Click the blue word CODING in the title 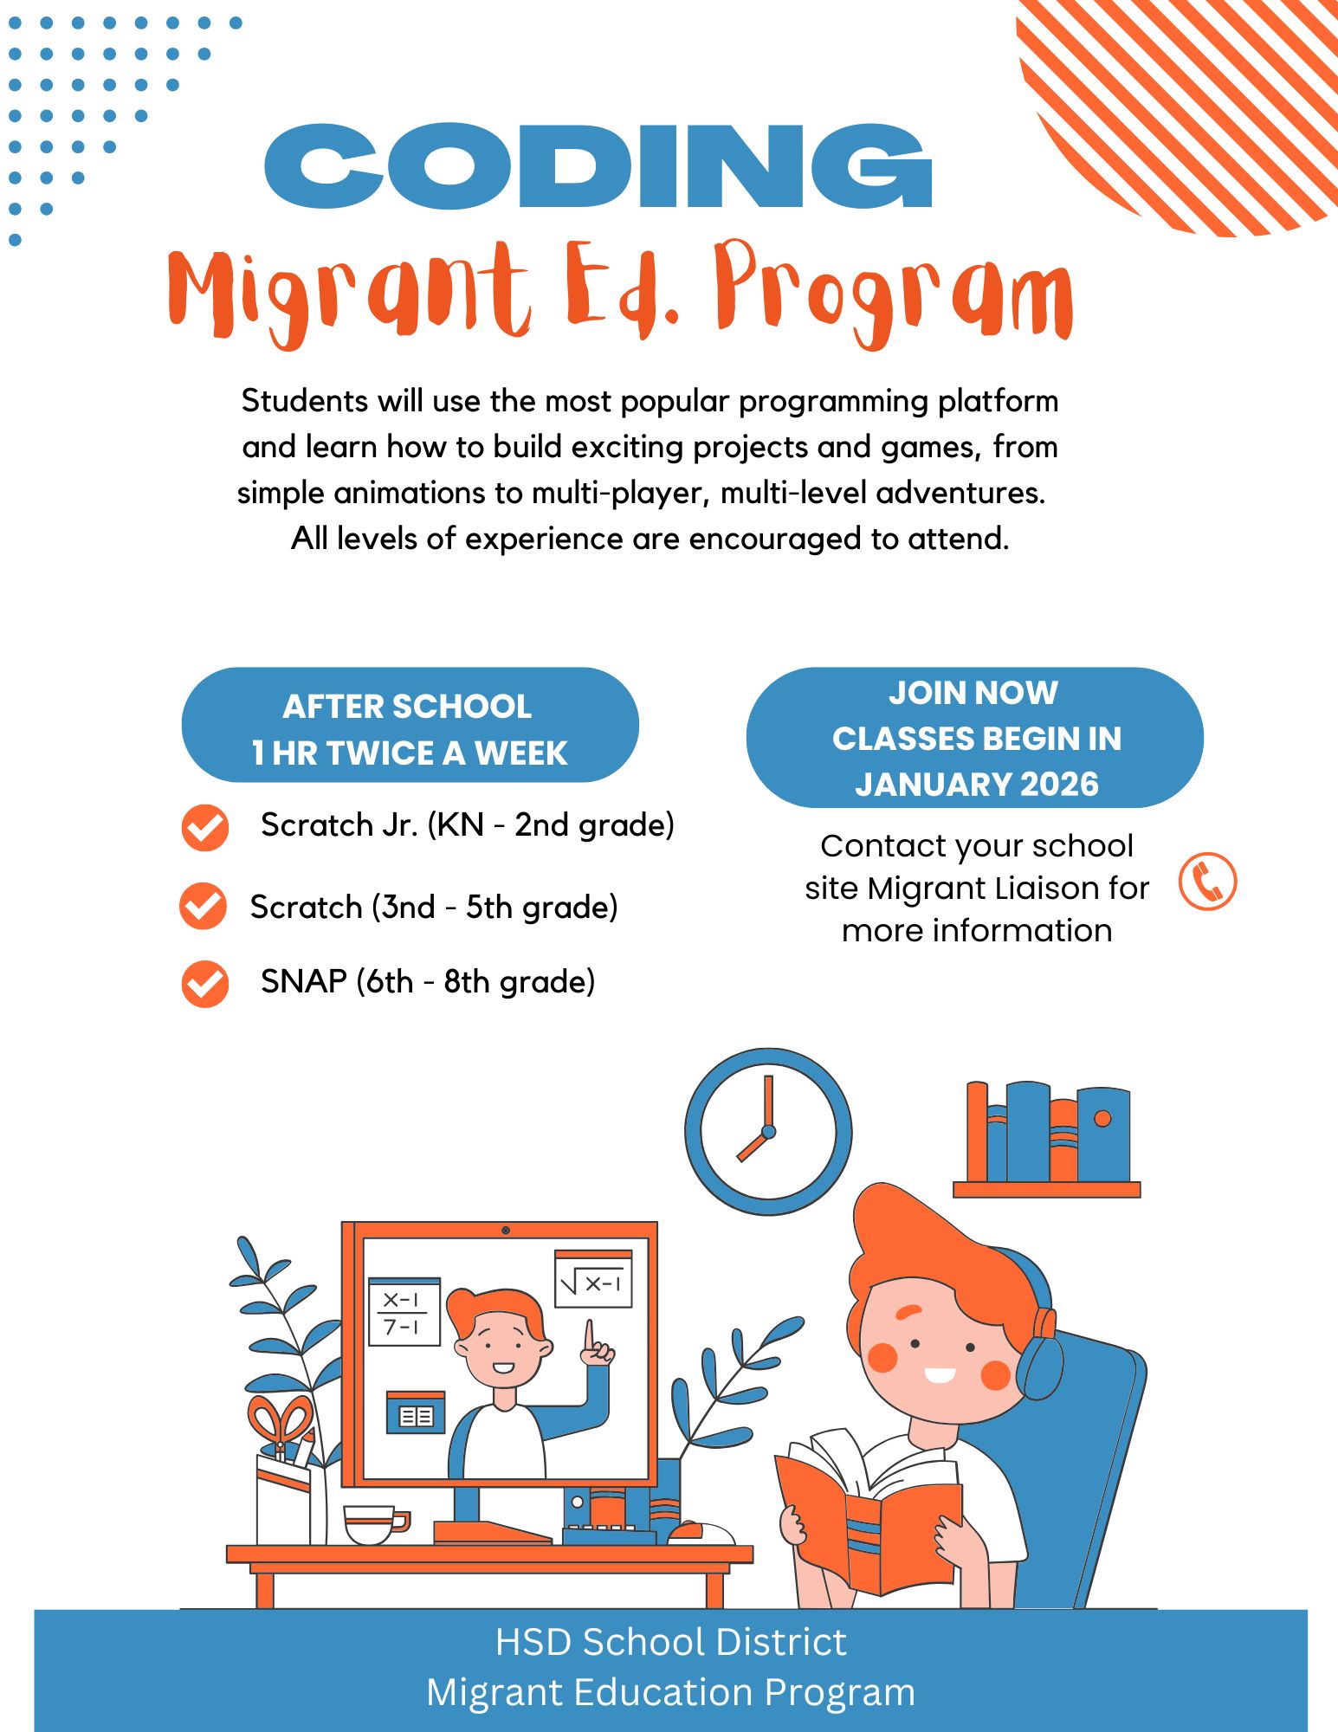(598, 166)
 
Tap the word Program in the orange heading (892, 294)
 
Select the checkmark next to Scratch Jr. (205, 828)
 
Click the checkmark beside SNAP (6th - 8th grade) (205, 984)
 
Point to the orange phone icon (1207, 882)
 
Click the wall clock (768, 1131)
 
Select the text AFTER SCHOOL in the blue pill (407, 707)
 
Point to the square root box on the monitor (593, 1280)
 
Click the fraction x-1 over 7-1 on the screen (404, 1313)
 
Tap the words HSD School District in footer (670, 1642)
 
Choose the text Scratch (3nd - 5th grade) (434, 908)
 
